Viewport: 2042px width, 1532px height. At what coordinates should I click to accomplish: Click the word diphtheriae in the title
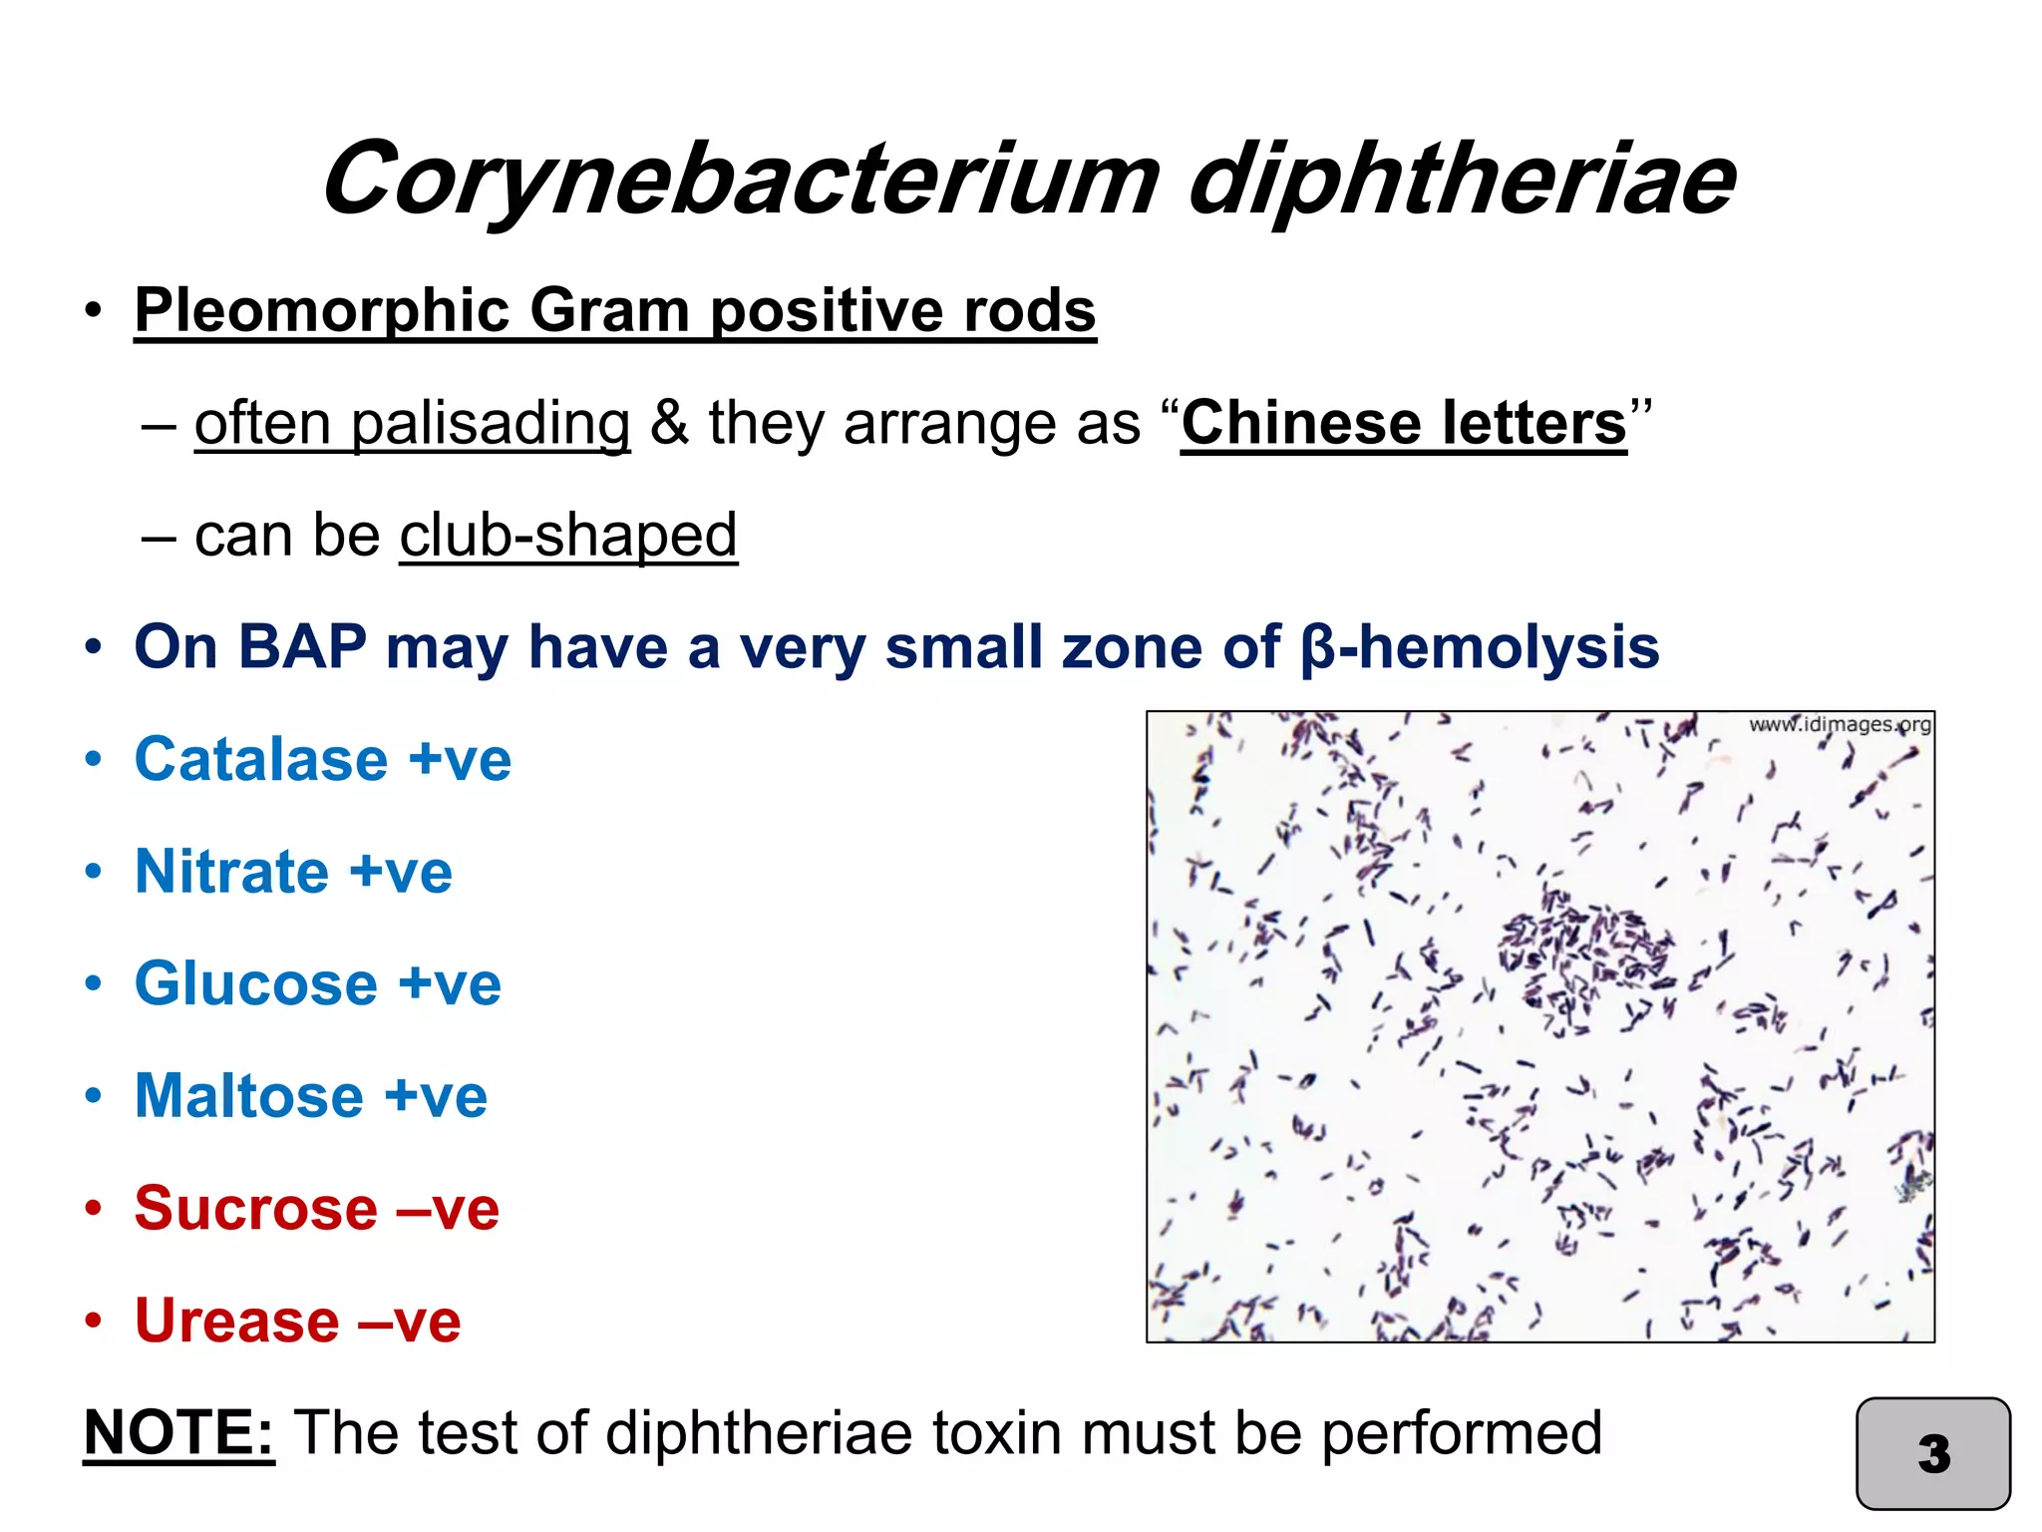[1462, 180]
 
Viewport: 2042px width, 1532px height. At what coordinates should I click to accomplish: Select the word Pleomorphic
[322, 311]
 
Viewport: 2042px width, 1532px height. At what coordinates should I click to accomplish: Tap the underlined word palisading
[412, 423]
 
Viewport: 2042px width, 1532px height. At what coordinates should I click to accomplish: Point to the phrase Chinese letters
[1403, 423]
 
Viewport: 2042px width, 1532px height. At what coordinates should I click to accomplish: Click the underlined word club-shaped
[568, 536]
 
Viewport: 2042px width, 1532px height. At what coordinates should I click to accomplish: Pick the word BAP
[301, 647]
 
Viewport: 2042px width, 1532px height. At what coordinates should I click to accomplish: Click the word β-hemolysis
[1480, 647]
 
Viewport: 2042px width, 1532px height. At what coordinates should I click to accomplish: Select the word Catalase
[261, 760]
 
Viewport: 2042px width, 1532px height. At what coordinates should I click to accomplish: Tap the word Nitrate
[231, 872]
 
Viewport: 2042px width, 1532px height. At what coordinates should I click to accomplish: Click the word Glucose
[256, 984]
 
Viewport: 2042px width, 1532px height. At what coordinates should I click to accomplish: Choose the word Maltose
[249, 1096]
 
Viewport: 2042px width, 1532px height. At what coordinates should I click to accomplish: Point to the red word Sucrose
[256, 1209]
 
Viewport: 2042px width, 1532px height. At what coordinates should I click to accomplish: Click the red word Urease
[237, 1322]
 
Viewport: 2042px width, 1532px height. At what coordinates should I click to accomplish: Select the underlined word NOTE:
[178, 1433]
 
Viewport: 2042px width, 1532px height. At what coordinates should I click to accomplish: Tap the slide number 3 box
[1932, 1453]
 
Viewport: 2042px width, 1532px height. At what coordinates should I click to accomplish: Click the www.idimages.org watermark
[1840, 724]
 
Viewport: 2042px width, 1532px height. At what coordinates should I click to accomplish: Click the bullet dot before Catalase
[94, 760]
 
